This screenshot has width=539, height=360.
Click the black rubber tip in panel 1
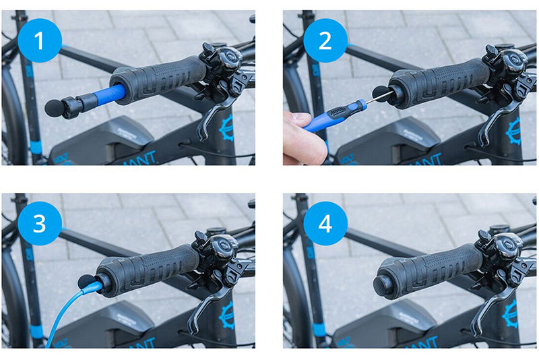click(x=53, y=107)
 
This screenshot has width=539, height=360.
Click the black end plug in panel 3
click(x=86, y=281)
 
